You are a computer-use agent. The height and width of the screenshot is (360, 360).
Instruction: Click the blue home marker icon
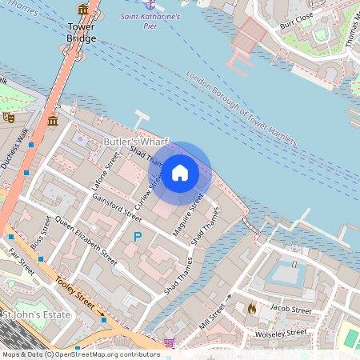(x=180, y=173)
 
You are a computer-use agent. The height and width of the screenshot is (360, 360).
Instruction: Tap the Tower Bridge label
(x=82, y=31)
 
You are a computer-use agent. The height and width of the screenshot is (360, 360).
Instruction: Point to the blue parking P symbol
(x=138, y=237)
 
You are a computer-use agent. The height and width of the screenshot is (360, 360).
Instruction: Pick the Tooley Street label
(x=77, y=295)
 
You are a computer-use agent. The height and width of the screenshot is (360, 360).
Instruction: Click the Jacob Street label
(x=290, y=309)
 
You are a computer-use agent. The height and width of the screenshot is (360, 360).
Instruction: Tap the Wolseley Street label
(x=280, y=332)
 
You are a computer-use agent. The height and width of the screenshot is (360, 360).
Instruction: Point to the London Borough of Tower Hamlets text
(x=240, y=110)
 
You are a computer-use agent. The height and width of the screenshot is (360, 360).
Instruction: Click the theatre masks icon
(x=9, y=117)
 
